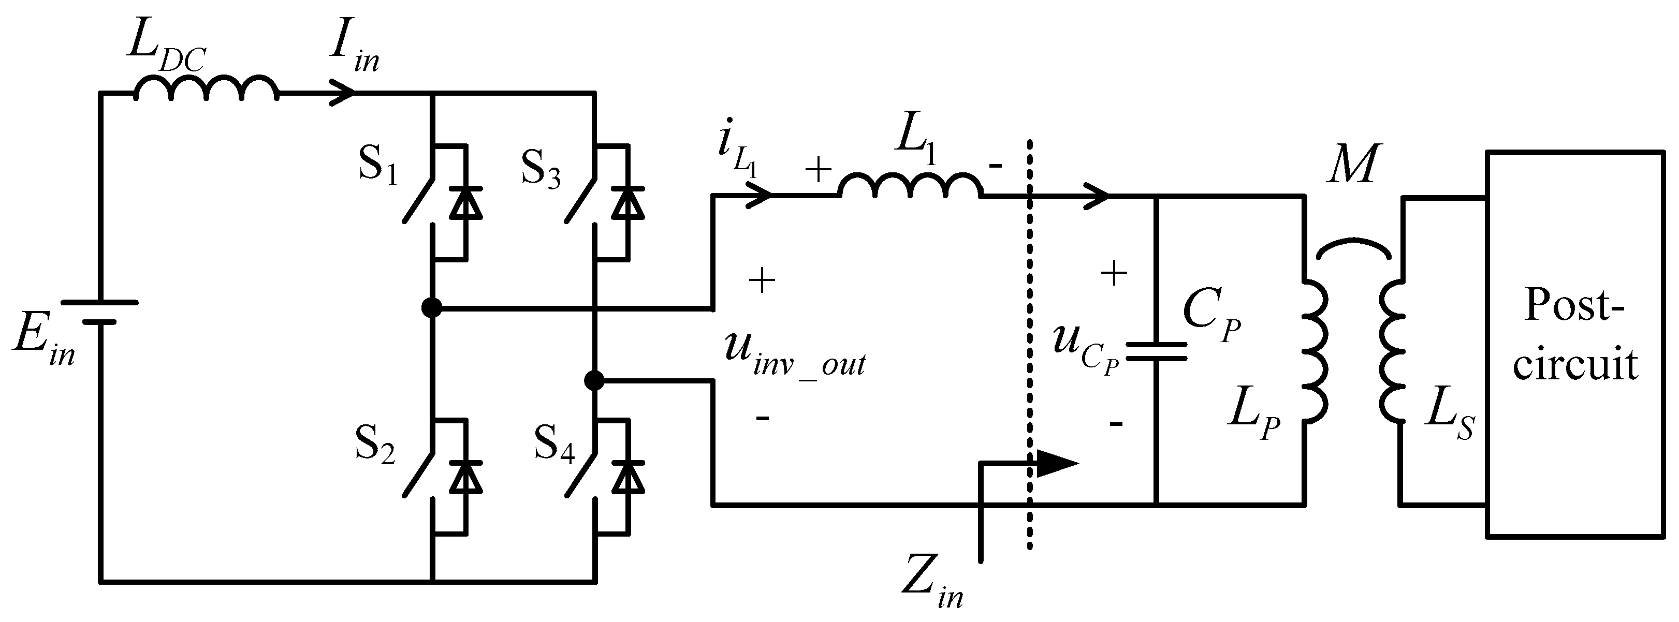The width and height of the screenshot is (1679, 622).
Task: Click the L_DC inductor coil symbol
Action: click(206, 88)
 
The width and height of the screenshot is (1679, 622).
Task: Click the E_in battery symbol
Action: click(100, 312)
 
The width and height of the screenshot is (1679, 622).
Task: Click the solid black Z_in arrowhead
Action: click(1056, 464)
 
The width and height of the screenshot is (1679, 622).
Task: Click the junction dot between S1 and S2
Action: click(431, 307)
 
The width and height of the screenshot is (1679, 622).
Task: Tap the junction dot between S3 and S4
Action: click(594, 380)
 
